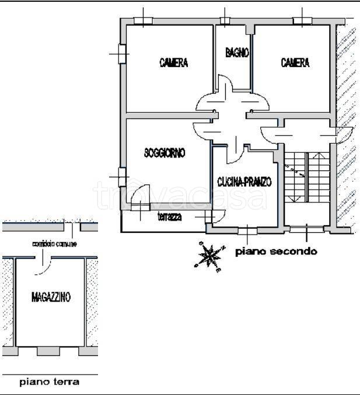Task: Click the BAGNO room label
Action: pos(237,53)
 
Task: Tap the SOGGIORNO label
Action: pos(165,153)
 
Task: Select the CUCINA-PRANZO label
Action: pos(244,182)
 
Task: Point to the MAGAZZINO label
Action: pos(51,298)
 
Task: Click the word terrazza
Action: pos(170,218)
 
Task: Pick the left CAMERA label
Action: pos(174,63)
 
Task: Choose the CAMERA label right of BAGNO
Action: pos(295,63)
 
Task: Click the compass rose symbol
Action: pos(209,256)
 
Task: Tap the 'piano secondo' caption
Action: pos(276,252)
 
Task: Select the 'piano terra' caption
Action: pos(50,383)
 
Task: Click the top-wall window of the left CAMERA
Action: pos(142,21)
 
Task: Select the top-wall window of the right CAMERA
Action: pos(302,21)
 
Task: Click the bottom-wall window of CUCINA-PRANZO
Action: pos(246,230)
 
